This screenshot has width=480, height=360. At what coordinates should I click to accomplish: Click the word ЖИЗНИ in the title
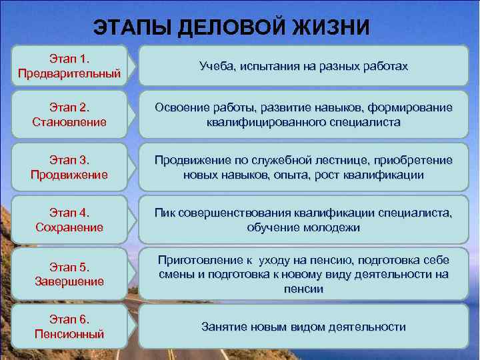[331, 27]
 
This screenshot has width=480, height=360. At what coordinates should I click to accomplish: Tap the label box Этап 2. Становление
[70, 115]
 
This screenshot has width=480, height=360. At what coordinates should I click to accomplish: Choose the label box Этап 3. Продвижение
[70, 168]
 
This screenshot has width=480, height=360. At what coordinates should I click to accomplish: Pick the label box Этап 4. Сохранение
[70, 221]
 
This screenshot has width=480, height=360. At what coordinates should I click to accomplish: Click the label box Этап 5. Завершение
[70, 274]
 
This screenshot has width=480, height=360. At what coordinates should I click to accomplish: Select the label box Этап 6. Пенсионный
[70, 326]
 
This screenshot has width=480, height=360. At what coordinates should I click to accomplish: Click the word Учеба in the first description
[213, 67]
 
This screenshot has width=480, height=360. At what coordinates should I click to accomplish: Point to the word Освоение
[181, 108]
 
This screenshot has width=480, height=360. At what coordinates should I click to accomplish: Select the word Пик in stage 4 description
[165, 213]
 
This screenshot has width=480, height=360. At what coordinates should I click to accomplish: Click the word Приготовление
[195, 259]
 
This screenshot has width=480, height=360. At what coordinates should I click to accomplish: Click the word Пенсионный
[70, 333]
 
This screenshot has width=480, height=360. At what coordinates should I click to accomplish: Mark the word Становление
[70, 123]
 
